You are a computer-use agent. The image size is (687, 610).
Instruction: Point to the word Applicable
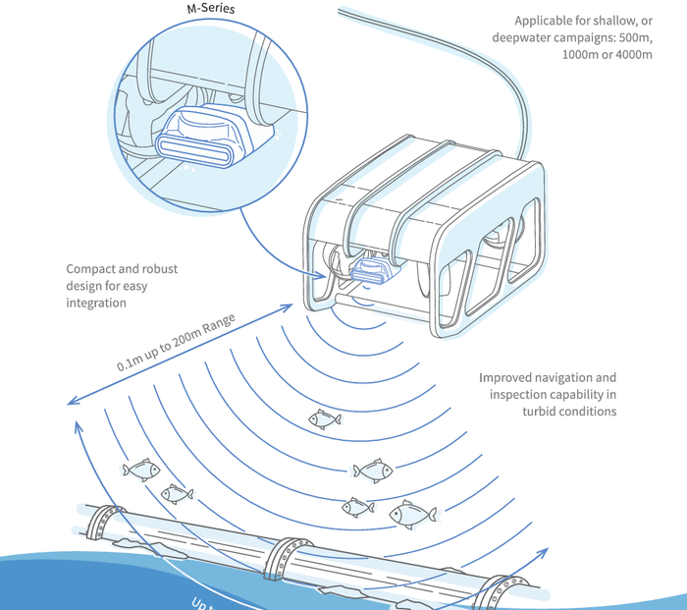546,20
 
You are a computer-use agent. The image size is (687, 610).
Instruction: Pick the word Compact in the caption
91,268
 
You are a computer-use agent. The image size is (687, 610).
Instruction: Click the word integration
96,304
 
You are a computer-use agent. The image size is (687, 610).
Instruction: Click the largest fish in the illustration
413,513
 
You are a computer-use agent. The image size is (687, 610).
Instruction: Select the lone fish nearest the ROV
325,419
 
